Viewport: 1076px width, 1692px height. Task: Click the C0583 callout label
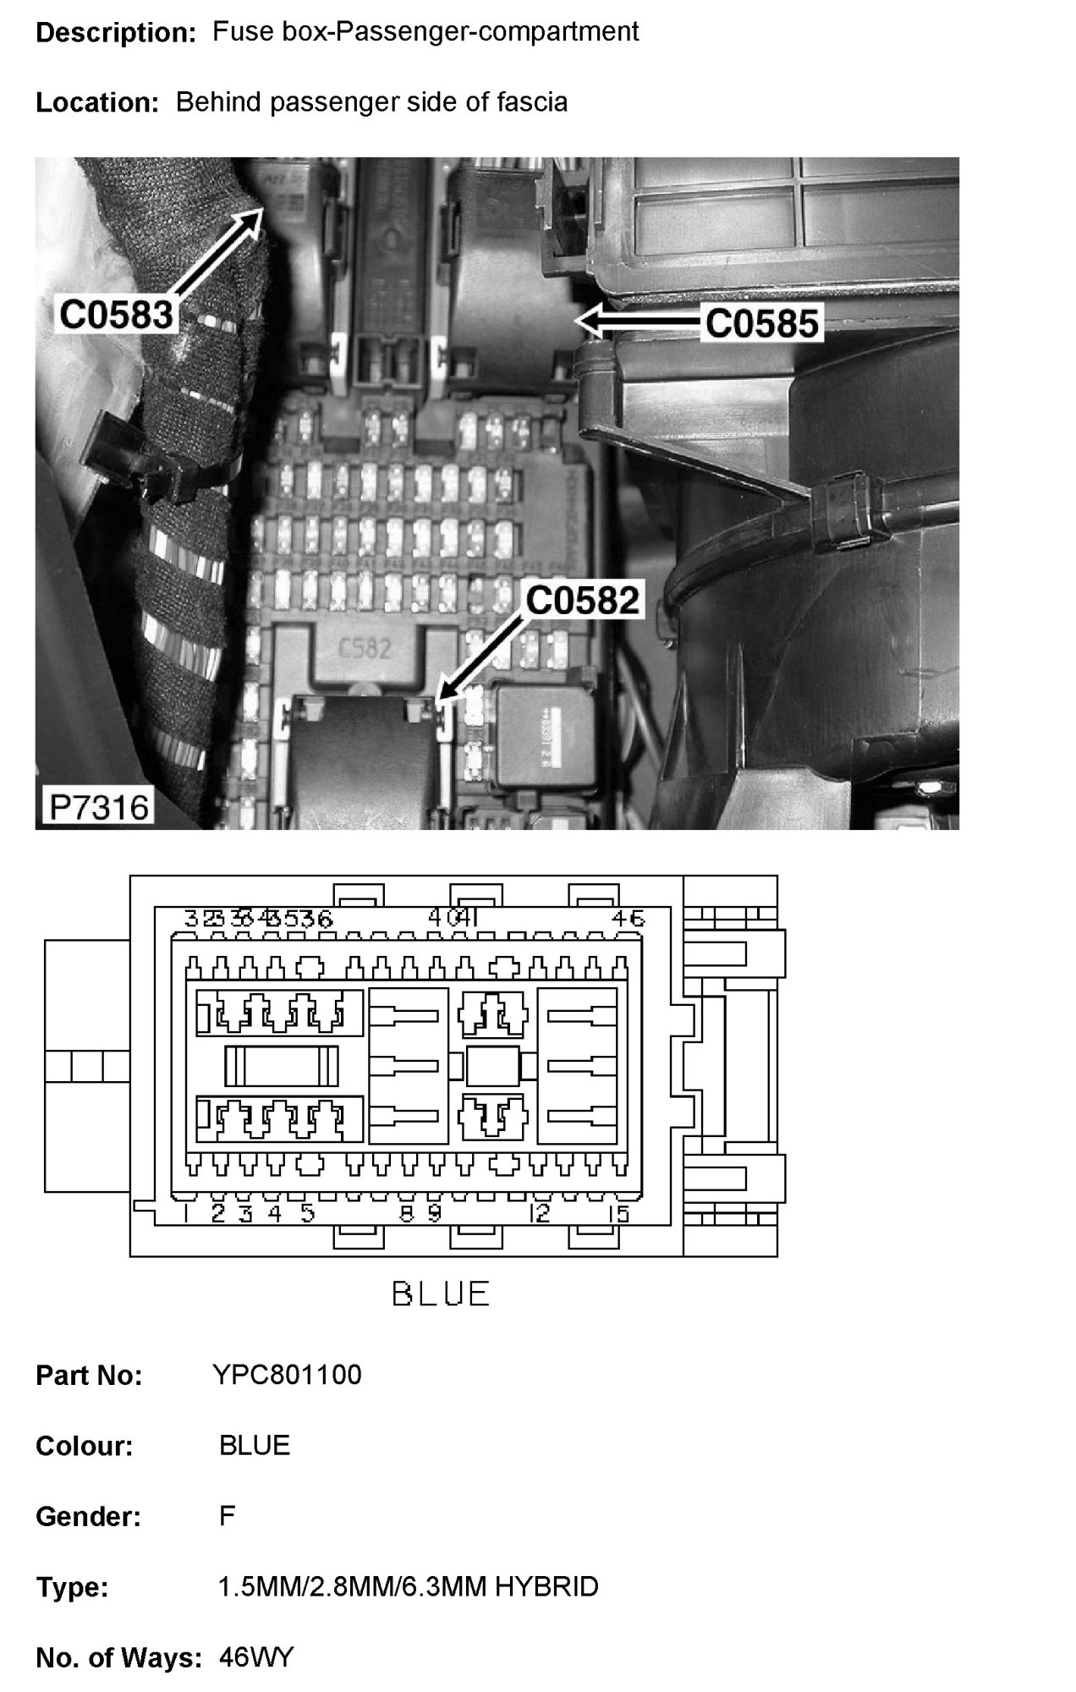(116, 315)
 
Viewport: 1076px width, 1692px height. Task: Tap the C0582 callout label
(582, 600)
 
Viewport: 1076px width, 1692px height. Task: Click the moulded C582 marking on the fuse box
(365, 649)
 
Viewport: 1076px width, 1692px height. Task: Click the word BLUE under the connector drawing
(441, 1294)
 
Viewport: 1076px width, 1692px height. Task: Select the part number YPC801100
(287, 1375)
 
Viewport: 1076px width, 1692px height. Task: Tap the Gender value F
(227, 1515)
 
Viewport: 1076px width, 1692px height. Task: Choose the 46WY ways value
(255, 1656)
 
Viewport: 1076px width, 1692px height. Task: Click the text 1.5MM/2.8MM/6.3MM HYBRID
(408, 1586)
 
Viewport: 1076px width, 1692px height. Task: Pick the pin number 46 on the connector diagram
(628, 918)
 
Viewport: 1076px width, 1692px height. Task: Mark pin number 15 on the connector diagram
(619, 1215)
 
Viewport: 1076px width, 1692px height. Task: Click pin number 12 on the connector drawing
(539, 1214)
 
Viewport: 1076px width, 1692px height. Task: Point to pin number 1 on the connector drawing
(185, 1215)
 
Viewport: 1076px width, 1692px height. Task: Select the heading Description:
(116, 33)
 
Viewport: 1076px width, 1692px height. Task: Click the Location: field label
(97, 102)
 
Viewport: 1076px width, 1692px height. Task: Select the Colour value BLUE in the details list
(254, 1445)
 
